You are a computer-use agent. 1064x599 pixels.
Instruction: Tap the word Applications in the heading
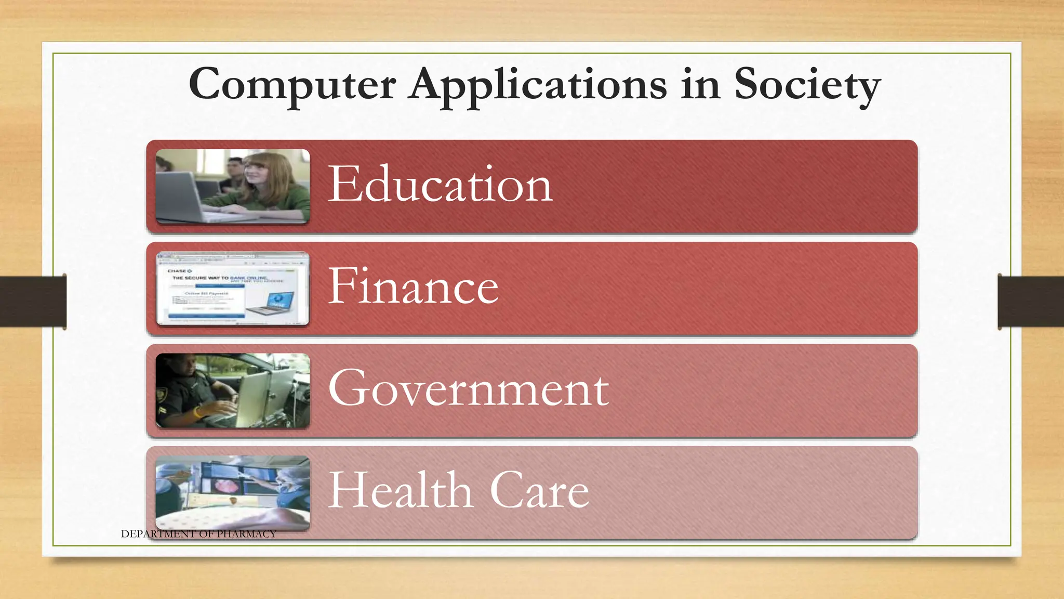tap(537, 85)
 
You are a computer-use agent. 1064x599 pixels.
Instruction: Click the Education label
tap(440, 185)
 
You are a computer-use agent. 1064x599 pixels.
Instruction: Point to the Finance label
tap(414, 287)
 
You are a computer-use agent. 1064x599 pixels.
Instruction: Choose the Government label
tap(469, 389)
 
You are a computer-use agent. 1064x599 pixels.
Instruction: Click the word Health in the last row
tap(401, 490)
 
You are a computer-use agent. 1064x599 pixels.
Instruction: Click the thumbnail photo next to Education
tap(233, 186)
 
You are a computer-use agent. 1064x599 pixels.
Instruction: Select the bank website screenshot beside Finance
tap(233, 289)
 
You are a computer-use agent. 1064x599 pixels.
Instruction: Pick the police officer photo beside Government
tap(233, 390)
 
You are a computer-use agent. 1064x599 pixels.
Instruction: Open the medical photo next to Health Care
tap(233, 492)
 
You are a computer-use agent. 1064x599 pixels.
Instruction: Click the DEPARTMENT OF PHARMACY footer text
tap(198, 534)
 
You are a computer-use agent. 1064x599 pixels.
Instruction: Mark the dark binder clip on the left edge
tap(33, 302)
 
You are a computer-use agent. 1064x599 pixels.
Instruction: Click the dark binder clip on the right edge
tap(1031, 302)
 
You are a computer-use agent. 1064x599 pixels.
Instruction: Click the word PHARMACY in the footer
tap(246, 534)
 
